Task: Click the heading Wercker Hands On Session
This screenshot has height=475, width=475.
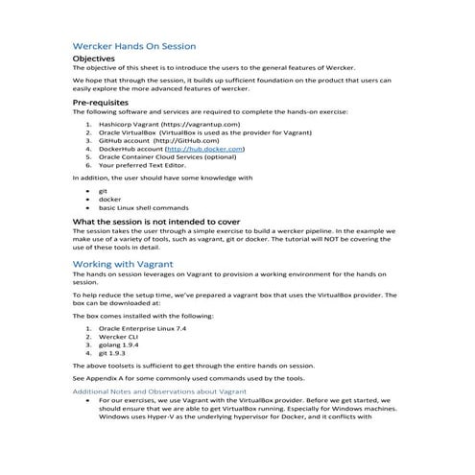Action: coord(134,45)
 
